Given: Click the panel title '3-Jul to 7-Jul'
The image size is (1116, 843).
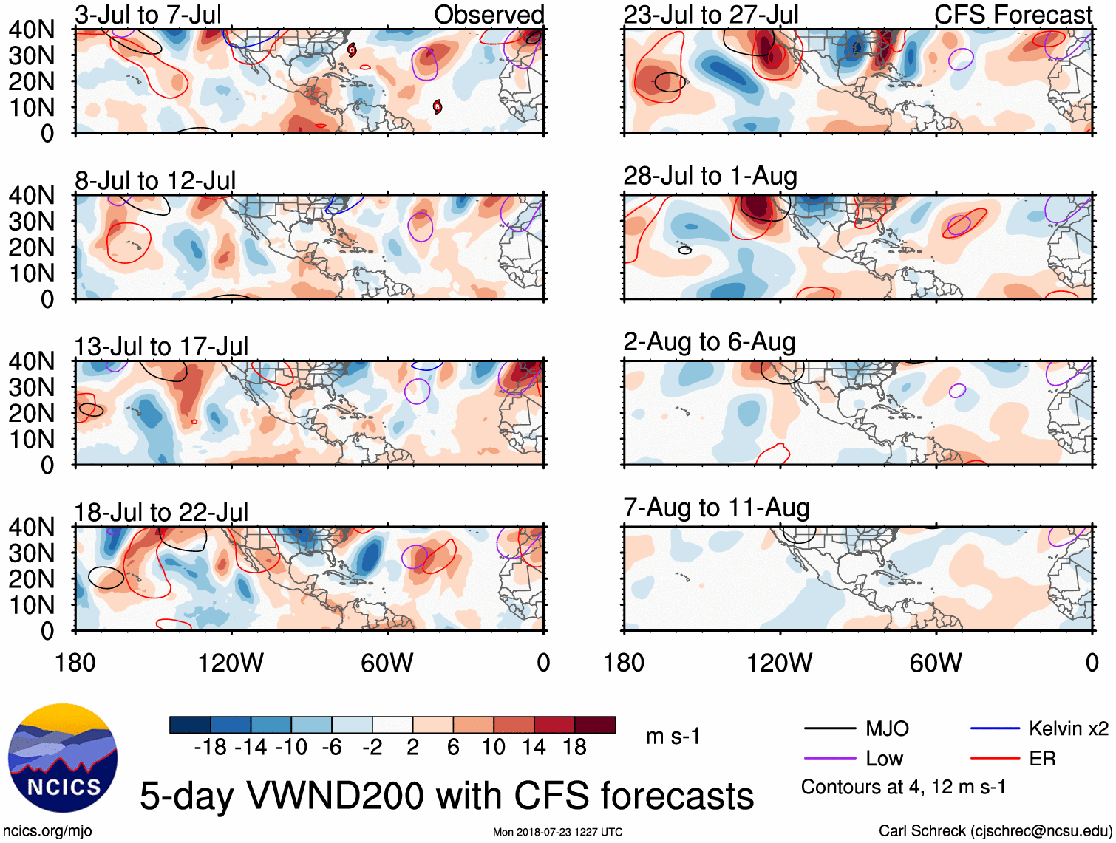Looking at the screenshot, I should point(148,15).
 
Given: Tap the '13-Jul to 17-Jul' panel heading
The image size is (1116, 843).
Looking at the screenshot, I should point(161,347).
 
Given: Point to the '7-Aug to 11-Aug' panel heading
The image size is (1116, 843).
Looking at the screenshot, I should point(716,508).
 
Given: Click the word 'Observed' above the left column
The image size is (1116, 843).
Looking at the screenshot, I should point(489,15).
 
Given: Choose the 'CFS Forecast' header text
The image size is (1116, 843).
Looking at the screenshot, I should point(1013,15).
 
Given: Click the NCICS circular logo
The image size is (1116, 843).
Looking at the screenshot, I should point(63,757).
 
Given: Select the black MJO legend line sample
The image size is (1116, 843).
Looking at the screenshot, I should point(829,728).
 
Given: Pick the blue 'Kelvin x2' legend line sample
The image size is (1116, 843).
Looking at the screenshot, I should point(995,728).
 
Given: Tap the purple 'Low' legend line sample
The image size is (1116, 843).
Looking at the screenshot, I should point(829,759).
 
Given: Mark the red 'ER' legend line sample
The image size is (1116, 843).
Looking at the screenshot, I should point(995,759).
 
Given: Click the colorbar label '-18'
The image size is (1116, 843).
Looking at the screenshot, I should point(211,748).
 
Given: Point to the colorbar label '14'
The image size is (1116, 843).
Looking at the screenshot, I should point(534,748).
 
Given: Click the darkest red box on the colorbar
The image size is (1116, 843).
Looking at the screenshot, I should point(595,725).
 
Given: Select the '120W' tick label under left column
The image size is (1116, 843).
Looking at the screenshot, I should point(231,663).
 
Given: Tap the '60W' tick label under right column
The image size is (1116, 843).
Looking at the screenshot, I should point(936,663).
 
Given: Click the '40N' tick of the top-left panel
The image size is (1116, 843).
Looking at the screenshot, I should point(31,30).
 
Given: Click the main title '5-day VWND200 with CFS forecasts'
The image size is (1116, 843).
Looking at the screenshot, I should point(446,796).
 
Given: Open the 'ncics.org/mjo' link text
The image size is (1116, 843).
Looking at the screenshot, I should point(47,831).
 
